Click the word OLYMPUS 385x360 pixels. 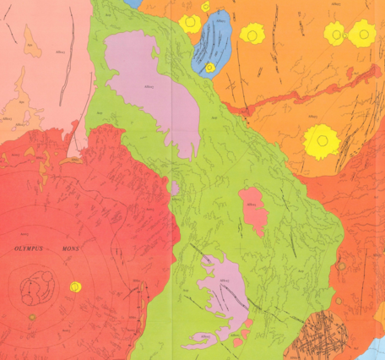[31, 250]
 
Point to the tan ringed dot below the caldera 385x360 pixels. [32, 318]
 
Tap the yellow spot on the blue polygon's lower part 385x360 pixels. [209, 65]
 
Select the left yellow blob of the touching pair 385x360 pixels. [335, 34]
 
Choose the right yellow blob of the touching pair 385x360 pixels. [362, 34]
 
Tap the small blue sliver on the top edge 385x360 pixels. [133, 3]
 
